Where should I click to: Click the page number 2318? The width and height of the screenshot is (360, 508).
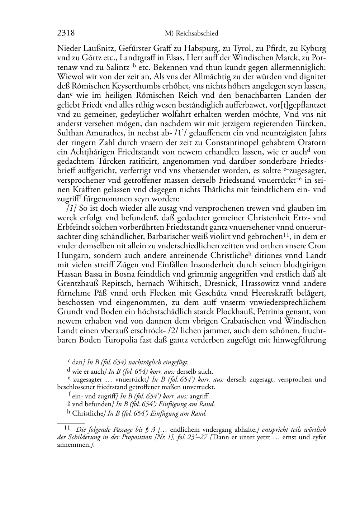coord(66,33)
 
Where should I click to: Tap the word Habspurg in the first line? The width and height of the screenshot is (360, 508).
coord(202,49)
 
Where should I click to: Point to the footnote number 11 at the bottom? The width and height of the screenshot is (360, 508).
coord(67,428)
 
